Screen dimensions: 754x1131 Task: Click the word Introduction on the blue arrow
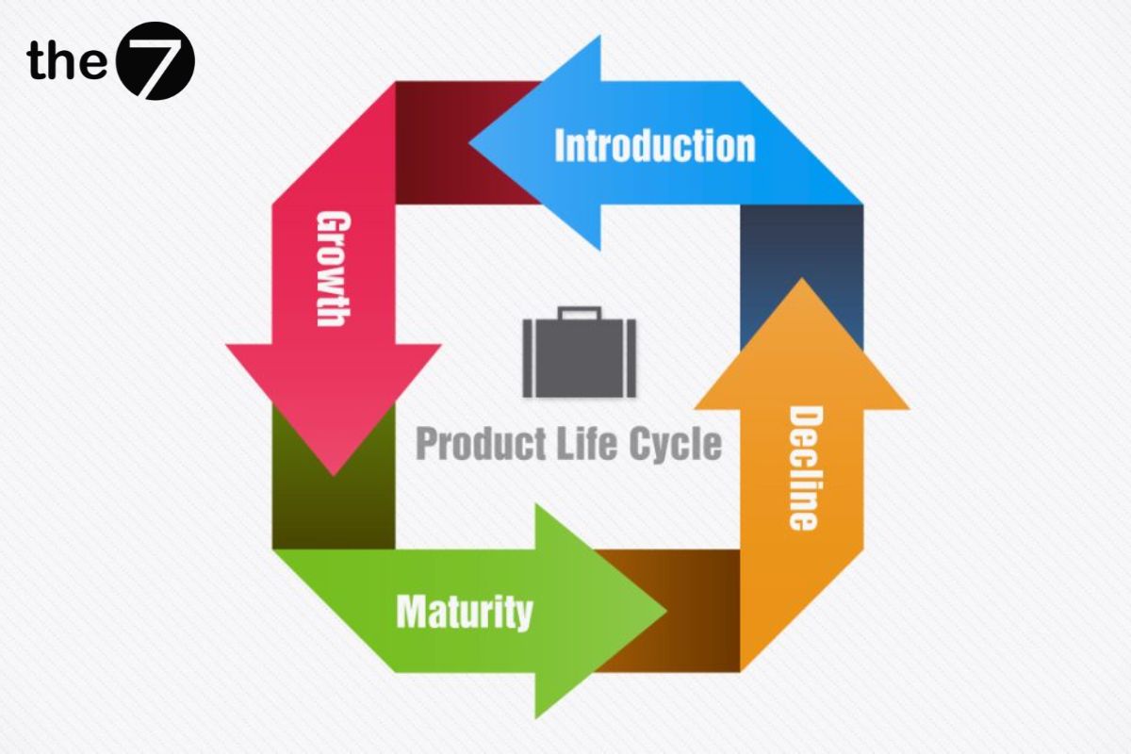click(x=655, y=146)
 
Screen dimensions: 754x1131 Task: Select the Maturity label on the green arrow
click(x=465, y=613)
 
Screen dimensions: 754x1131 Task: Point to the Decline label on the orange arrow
click(x=802, y=467)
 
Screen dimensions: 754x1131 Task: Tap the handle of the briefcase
click(x=579, y=313)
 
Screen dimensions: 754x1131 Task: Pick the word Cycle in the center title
click(x=674, y=444)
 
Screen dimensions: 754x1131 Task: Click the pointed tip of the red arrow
click(x=334, y=472)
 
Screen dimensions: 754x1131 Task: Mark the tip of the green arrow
click(x=664, y=611)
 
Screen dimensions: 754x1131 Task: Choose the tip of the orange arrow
click(x=802, y=281)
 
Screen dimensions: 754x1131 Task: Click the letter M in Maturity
click(x=412, y=613)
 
